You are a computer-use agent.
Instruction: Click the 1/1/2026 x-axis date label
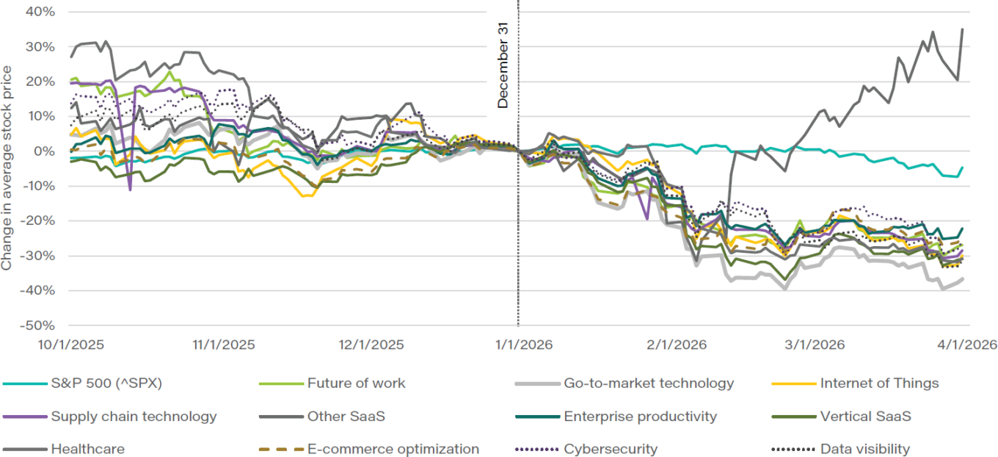(519, 344)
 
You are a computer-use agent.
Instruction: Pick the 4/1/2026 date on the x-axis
(965, 344)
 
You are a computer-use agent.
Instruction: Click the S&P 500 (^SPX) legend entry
(106, 383)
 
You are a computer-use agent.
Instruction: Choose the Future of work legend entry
(356, 383)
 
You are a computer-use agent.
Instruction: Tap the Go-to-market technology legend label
(649, 383)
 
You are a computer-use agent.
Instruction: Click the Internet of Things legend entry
(879, 383)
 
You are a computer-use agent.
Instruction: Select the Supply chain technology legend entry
(134, 416)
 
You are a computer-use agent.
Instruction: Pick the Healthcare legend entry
(88, 449)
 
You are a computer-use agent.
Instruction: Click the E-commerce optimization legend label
(393, 449)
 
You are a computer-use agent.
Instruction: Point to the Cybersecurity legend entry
(611, 449)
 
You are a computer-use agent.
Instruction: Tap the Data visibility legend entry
(864, 449)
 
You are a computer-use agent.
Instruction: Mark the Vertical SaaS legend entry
(865, 416)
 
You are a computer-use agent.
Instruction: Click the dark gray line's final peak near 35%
(962, 29)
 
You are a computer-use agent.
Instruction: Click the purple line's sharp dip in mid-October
(130, 190)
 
